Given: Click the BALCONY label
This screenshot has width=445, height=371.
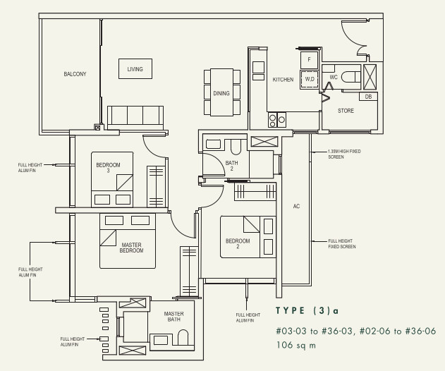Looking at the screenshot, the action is [75, 74].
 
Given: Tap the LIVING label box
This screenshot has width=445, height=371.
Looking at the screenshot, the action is [135, 68].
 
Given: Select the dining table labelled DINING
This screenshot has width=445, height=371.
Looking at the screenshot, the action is [221, 92].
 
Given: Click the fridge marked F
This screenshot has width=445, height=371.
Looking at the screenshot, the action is [309, 60].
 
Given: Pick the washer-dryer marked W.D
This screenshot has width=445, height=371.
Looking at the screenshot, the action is [310, 79].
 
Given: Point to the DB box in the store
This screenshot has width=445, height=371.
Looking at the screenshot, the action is [368, 97].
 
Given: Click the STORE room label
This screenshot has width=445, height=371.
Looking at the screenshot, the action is [346, 111].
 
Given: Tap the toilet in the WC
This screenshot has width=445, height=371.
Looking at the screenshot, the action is [350, 77].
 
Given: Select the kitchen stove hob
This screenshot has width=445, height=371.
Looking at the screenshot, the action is [277, 119].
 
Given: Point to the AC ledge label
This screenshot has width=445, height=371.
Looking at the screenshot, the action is [296, 207].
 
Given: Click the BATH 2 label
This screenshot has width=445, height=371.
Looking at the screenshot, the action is [231, 166].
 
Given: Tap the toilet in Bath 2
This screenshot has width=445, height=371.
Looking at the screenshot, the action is [236, 146].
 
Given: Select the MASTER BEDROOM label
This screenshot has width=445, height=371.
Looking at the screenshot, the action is [131, 248].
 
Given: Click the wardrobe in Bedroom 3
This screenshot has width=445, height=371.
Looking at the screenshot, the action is [156, 186].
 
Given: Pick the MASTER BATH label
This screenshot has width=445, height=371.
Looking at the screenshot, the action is [173, 317].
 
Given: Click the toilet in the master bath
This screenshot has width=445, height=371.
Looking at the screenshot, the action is [183, 338].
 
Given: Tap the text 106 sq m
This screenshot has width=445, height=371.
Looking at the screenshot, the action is [296, 345].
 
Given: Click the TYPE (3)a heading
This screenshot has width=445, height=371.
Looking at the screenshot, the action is [307, 310].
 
